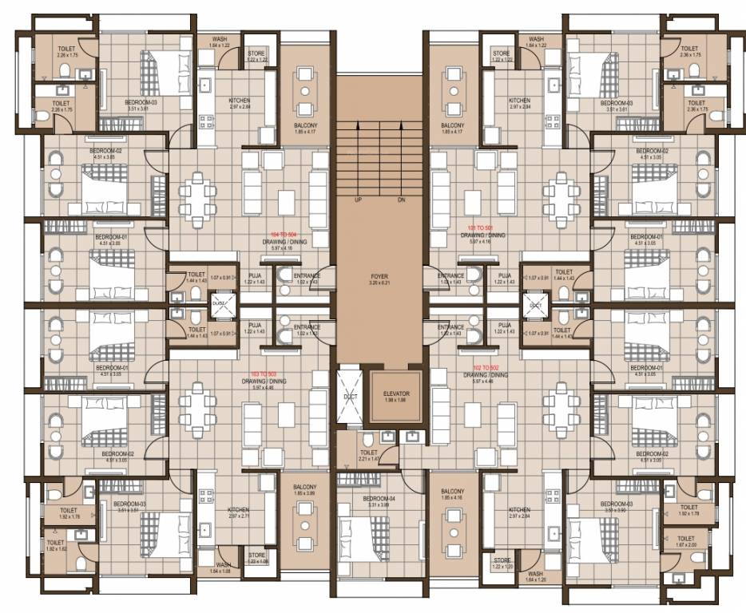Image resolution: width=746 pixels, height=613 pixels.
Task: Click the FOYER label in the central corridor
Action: click(x=373, y=275)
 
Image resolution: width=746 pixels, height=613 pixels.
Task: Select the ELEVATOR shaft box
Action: click(x=396, y=397)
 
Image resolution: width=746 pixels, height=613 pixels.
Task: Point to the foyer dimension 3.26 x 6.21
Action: click(x=373, y=283)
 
